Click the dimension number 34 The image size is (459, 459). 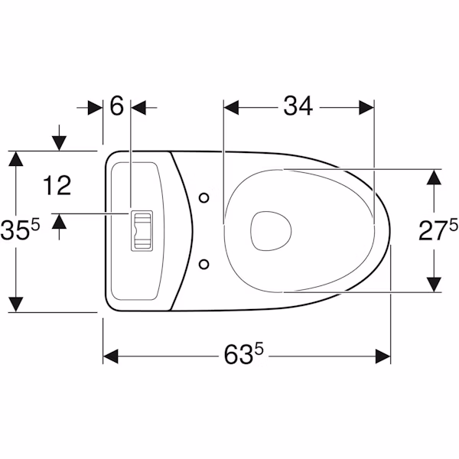click(x=298, y=106)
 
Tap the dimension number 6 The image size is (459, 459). click(x=117, y=106)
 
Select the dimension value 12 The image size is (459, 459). click(x=57, y=185)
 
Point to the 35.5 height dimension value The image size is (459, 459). click(x=20, y=230)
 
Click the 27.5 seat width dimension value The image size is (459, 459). click(x=438, y=231)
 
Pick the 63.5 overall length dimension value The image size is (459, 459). click(x=243, y=354)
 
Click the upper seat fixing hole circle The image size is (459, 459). click(x=203, y=198)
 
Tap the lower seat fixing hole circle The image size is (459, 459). click(x=203, y=265)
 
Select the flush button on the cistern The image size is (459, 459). click(x=142, y=230)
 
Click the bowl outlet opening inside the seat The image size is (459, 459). click(x=271, y=231)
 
